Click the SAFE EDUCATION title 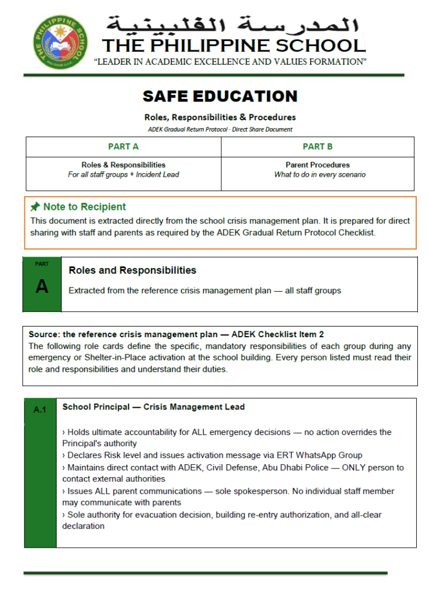220,96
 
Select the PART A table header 123,146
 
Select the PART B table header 317,146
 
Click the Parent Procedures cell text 317,165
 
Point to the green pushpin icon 36,207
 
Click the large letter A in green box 41,287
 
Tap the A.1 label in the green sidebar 40,409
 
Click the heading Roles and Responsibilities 132,270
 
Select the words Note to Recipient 84,207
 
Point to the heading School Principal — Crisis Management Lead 153,407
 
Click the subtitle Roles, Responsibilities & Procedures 220,117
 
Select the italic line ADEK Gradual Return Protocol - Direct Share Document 220,129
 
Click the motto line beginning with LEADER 231,62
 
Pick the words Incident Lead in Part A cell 157,175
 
